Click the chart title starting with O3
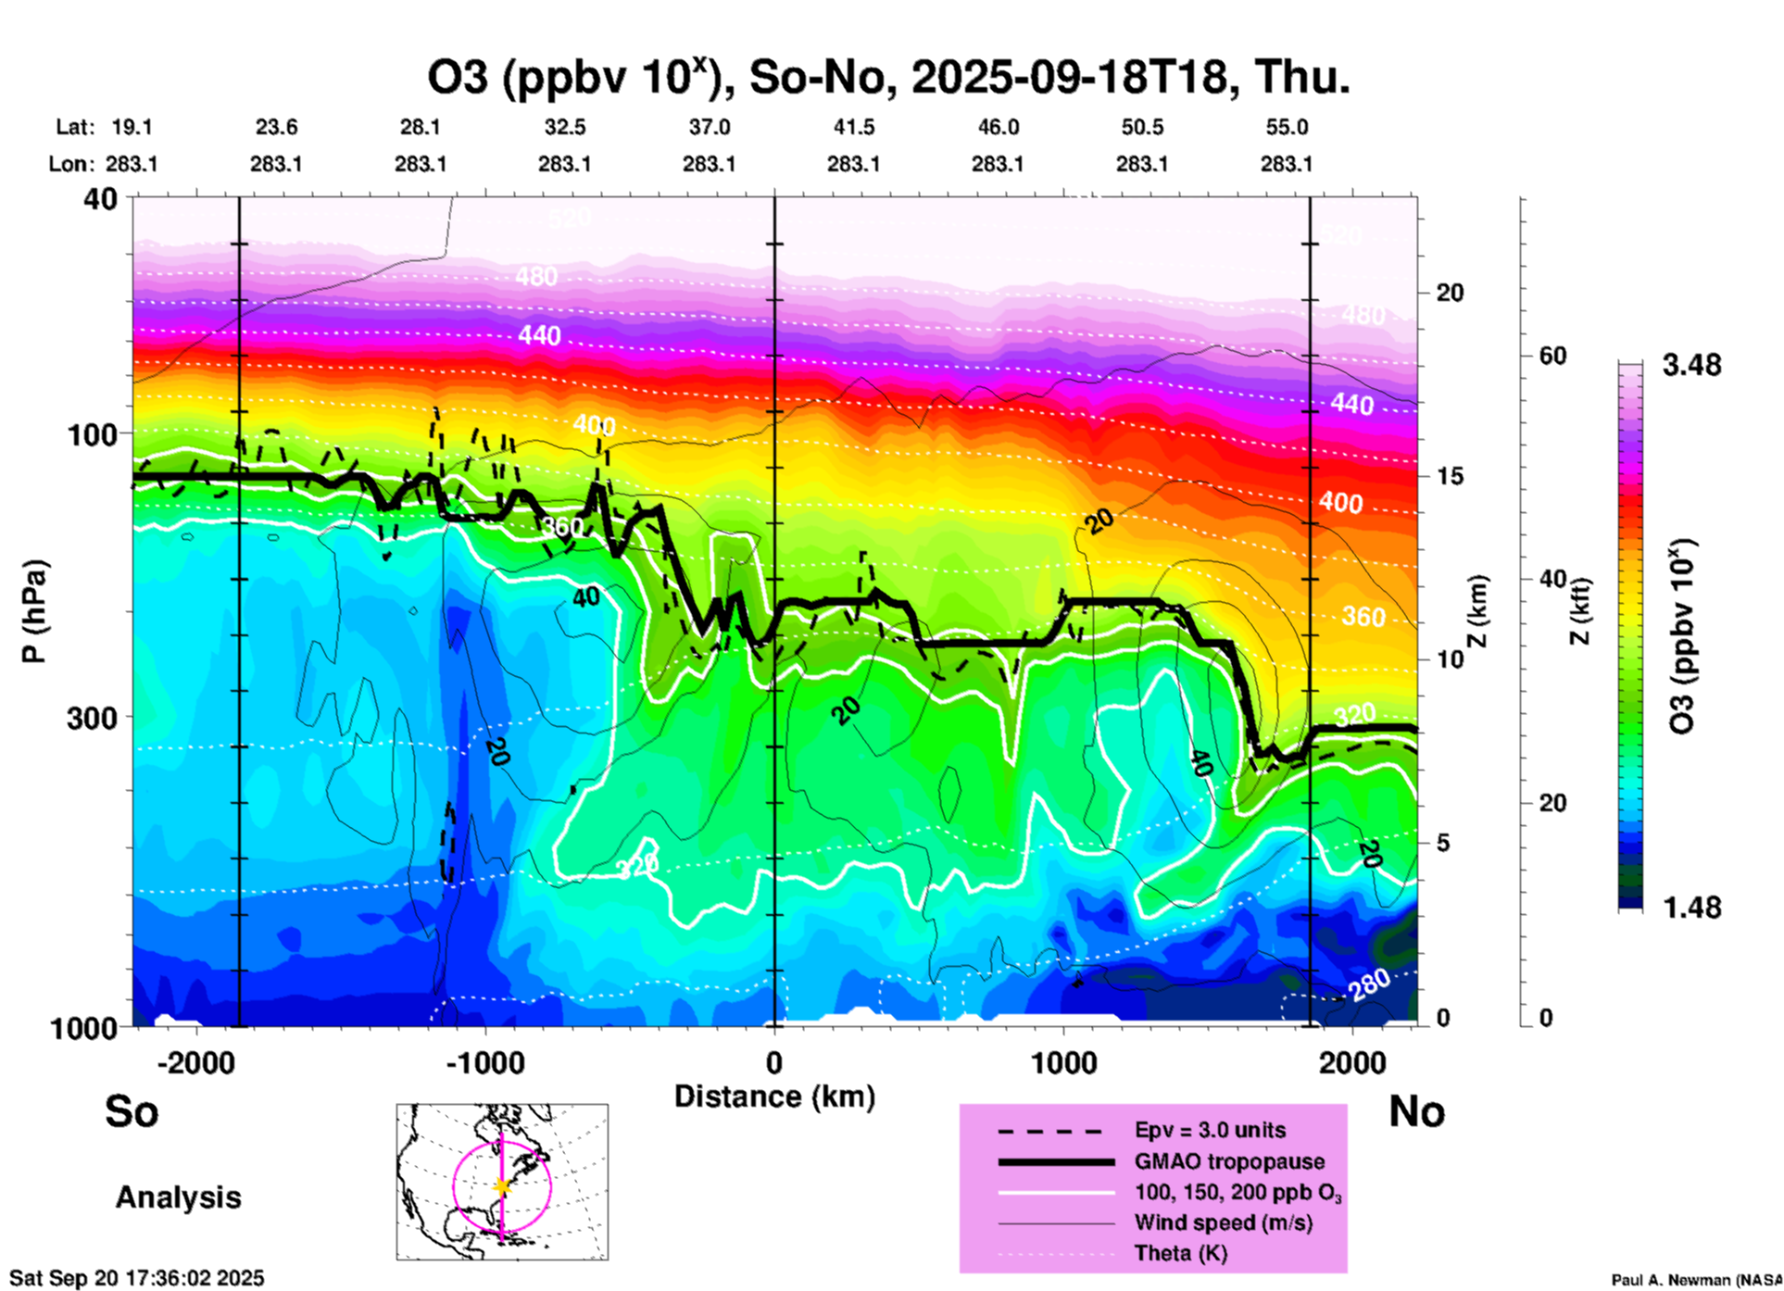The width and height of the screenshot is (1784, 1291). pos(887,77)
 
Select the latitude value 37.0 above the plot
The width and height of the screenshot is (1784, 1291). pos(709,127)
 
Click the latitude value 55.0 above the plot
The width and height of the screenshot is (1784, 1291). pos(1287,127)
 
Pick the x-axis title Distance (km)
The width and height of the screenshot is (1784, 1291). pos(774,1097)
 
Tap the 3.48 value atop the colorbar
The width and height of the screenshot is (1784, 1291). pos(1691,366)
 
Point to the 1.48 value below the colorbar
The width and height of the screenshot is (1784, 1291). pos(1691,908)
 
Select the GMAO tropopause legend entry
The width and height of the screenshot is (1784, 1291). pos(1229,1161)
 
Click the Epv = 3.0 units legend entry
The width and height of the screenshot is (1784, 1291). pos(1210,1131)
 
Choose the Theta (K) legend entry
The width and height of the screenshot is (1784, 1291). pos(1180,1253)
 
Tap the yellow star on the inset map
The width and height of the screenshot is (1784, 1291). pos(502,1185)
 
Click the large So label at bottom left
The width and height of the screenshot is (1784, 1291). pos(132,1111)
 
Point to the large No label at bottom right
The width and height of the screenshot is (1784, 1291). pos(1416,1111)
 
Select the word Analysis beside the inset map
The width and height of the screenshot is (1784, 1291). pos(178,1197)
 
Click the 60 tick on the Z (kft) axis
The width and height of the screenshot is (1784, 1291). pos(1552,356)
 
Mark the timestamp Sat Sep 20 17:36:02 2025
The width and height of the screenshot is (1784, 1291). pos(137,1278)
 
